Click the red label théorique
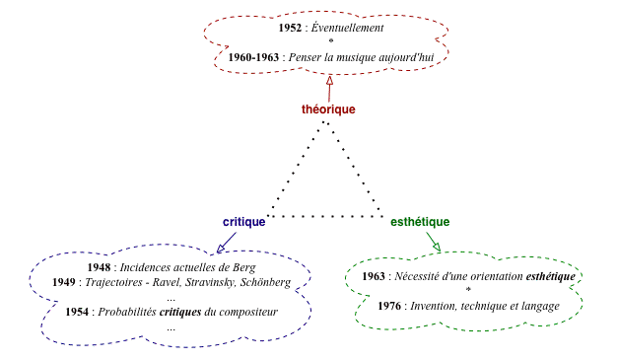[328, 109]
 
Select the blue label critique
[243, 222]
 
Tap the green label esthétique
[420, 222]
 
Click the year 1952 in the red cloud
[290, 29]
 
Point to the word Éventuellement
[348, 29]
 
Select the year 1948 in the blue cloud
[99, 267]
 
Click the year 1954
[77, 312]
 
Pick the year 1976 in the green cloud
[389, 306]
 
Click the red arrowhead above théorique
[329, 87]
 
